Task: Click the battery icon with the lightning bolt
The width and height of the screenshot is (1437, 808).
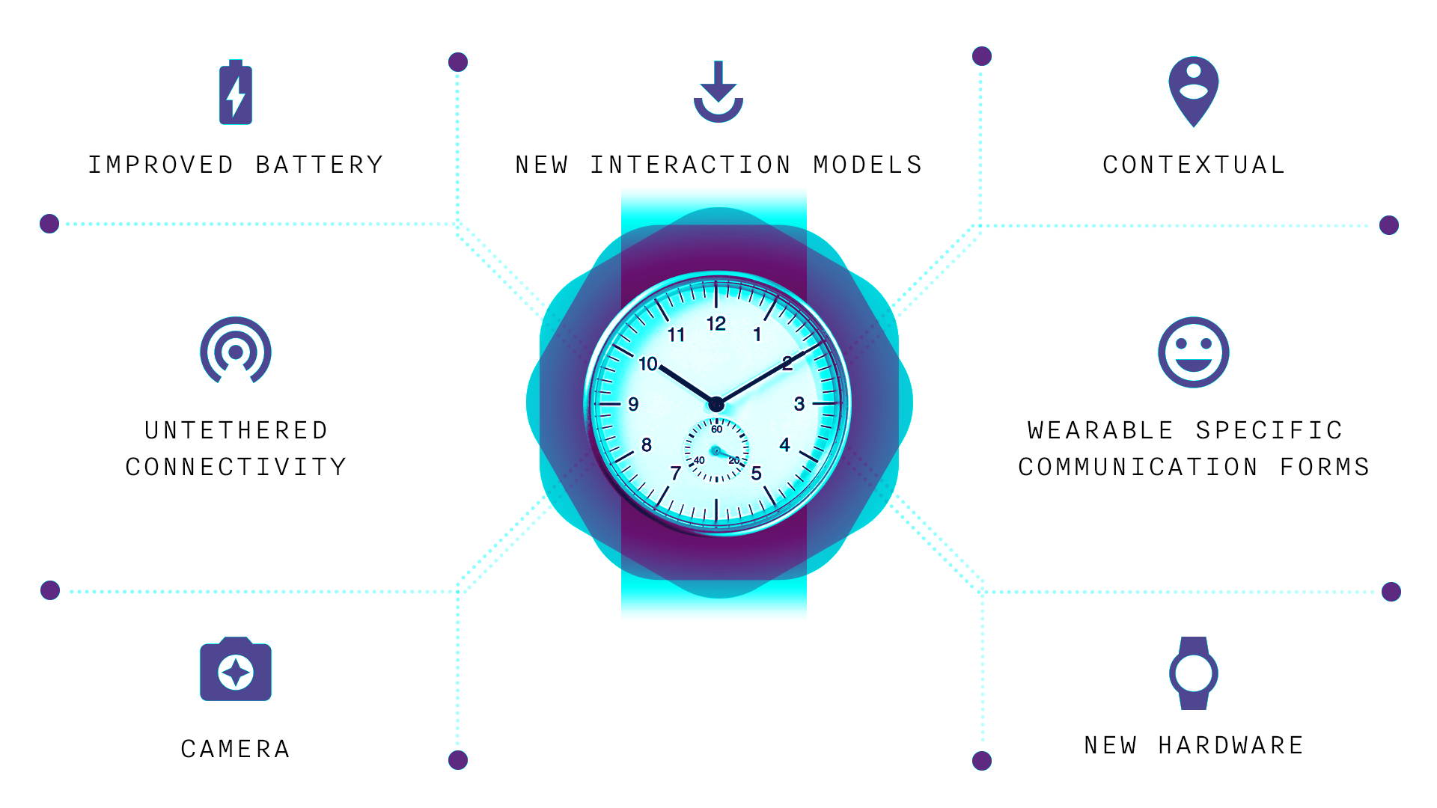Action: [236, 93]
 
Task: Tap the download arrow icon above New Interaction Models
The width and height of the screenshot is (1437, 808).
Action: [718, 92]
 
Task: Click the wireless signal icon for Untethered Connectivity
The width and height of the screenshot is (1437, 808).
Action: [236, 350]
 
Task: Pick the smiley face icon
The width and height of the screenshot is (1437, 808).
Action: [1194, 352]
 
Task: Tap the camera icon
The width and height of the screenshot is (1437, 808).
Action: [236, 669]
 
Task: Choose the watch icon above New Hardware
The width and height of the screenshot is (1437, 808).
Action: [1194, 673]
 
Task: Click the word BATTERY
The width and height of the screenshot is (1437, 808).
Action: [320, 165]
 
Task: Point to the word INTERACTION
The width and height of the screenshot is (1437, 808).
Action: [691, 165]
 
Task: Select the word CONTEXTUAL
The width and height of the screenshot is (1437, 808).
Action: [1194, 165]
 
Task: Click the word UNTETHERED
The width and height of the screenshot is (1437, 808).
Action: [237, 430]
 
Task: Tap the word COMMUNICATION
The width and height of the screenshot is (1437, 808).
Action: [1138, 467]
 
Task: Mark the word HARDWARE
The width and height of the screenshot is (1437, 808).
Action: [1231, 745]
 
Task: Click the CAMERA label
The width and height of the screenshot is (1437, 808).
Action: [236, 749]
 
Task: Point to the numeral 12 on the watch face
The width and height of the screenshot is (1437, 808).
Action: [716, 323]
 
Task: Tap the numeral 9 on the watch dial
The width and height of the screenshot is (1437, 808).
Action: [633, 404]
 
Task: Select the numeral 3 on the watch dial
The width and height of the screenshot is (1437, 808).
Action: [799, 404]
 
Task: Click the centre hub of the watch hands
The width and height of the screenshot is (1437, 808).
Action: [716, 405]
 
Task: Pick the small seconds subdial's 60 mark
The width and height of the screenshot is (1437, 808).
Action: [717, 429]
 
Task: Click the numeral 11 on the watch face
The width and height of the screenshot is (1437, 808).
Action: [677, 334]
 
